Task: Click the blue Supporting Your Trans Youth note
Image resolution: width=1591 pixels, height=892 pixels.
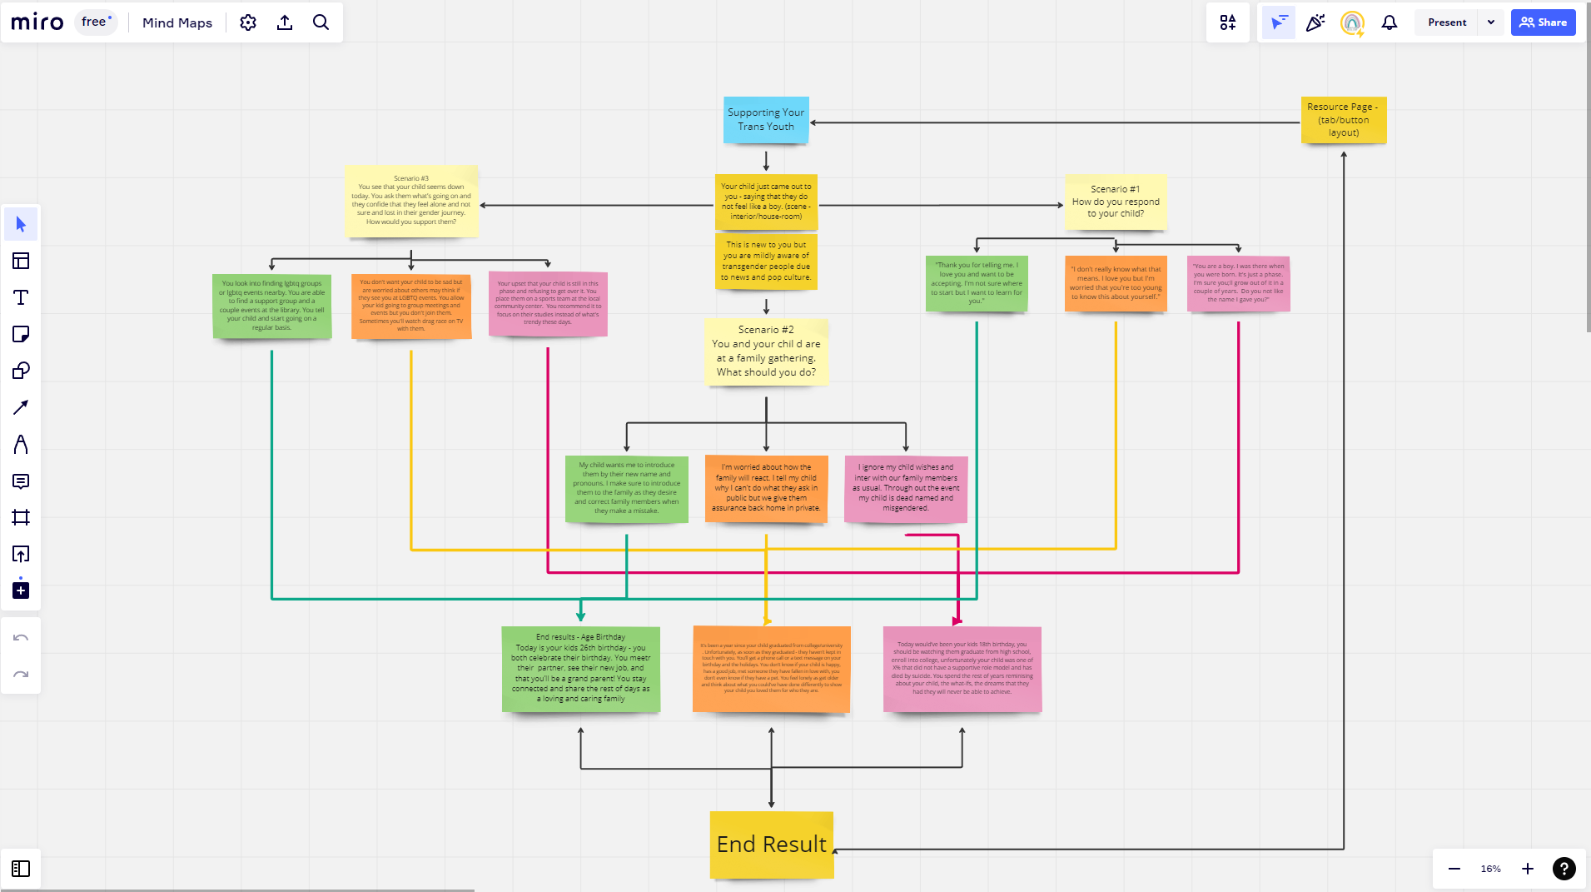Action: click(x=766, y=120)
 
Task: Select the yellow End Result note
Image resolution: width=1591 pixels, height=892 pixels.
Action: click(x=771, y=845)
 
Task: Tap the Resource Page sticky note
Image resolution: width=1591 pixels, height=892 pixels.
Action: click(x=1343, y=120)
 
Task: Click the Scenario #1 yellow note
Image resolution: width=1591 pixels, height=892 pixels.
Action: click(x=1115, y=202)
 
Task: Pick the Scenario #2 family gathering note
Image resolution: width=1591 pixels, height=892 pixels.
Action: click(x=766, y=351)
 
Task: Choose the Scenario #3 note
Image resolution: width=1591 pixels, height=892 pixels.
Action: click(x=410, y=201)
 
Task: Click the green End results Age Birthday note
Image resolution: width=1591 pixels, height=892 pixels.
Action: click(x=580, y=669)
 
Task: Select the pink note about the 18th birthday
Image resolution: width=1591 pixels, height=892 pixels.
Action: click(x=962, y=669)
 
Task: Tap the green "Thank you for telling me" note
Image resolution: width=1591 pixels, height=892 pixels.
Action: click(x=976, y=284)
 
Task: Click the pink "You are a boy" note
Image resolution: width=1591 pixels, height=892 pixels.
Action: click(x=1238, y=284)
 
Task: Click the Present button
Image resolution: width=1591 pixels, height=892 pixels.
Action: click(x=1447, y=22)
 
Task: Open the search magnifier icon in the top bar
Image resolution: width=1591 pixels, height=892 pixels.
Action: click(x=321, y=22)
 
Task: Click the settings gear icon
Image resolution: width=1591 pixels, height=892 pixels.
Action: click(x=248, y=22)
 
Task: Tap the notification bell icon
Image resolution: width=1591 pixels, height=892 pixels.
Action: click(x=1389, y=22)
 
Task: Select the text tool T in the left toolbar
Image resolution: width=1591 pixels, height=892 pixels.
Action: click(x=21, y=297)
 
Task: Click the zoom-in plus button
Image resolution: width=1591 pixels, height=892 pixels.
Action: click(x=1527, y=869)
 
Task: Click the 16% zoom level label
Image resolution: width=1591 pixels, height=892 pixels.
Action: click(x=1490, y=869)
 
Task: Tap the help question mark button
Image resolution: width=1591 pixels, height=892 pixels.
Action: click(x=1564, y=869)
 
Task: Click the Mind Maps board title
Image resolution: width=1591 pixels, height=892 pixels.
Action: click(x=177, y=22)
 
